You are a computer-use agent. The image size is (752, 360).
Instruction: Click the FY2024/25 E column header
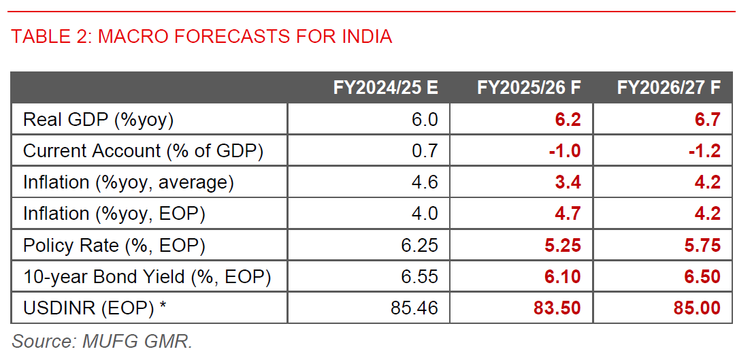[385, 88]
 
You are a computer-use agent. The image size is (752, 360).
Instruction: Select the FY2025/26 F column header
[529, 88]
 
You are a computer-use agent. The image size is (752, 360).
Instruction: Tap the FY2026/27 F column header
[669, 88]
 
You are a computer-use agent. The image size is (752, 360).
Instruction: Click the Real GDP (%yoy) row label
[99, 120]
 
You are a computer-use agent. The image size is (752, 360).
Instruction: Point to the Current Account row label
[143, 151]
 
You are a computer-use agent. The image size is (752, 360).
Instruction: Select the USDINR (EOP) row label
[95, 308]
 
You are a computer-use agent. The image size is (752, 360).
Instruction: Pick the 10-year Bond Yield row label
[147, 277]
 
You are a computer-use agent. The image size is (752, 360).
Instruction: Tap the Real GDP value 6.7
[707, 120]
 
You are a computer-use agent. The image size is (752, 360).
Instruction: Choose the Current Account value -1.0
[565, 151]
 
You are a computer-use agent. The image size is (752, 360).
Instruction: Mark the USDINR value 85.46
[414, 308]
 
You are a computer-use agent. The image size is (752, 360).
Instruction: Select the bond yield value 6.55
[419, 277]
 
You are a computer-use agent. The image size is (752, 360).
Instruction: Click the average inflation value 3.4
[568, 182]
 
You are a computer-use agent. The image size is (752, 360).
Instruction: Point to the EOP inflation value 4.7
[568, 214]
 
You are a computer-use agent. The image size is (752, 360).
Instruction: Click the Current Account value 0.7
[425, 151]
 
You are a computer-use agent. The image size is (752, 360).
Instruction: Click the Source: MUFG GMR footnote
[102, 341]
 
